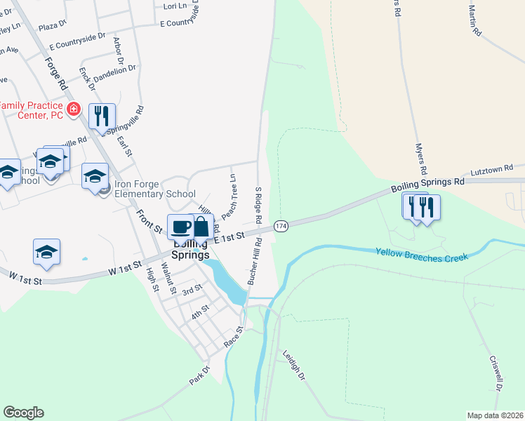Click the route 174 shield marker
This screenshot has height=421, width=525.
pos(281,226)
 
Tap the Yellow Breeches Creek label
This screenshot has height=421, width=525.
pos(421,255)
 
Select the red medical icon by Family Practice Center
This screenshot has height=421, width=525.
pos(74,109)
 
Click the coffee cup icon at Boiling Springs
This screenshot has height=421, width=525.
pos(180,227)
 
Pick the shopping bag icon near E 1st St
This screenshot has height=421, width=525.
pos(201,227)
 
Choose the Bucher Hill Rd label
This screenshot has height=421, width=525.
pos(254,261)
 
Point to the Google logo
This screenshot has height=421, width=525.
pos(23,413)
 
